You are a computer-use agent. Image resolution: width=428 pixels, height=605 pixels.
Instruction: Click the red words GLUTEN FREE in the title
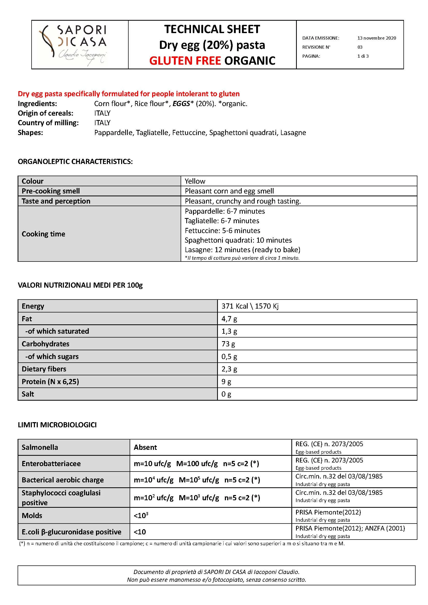click(185, 61)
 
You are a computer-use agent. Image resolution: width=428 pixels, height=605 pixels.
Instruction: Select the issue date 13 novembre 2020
click(377, 38)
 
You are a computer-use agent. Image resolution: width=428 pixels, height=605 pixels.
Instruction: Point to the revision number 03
click(360, 47)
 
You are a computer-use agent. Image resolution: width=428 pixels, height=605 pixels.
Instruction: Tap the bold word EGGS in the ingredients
click(181, 103)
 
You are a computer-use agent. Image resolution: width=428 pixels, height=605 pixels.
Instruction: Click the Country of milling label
click(48, 123)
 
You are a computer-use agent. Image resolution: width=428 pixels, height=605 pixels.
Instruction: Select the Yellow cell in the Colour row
click(195, 181)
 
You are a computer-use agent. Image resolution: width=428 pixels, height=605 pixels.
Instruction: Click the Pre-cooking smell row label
click(51, 191)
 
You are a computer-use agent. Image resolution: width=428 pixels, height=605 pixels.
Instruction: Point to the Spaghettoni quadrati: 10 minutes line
click(238, 240)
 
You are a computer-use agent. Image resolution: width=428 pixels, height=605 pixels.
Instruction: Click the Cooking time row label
click(43, 234)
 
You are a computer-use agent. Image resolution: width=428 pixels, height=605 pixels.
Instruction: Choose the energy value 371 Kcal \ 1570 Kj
click(250, 306)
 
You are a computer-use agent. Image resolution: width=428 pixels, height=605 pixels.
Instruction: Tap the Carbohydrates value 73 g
click(228, 343)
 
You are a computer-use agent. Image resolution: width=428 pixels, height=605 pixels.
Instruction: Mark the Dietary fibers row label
click(44, 369)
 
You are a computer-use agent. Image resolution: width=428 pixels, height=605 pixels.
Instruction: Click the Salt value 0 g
click(226, 394)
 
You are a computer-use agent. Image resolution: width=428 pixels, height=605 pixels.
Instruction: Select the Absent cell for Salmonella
click(145, 447)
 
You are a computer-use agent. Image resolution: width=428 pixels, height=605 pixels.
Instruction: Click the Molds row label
click(32, 516)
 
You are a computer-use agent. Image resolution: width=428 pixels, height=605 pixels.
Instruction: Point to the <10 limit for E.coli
click(140, 532)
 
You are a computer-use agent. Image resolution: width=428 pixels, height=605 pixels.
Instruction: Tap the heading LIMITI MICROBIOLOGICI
click(57, 425)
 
